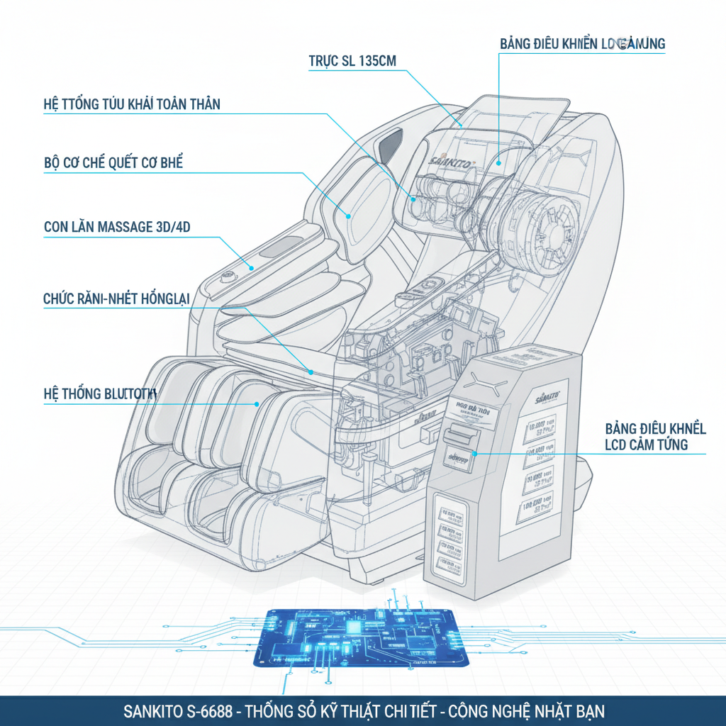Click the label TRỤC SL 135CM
352,61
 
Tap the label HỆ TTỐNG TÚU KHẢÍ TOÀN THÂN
132,105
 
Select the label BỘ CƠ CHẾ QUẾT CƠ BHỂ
113,163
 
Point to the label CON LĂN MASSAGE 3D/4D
117,228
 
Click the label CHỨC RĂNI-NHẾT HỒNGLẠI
116,298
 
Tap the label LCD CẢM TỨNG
646,445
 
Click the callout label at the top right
582,44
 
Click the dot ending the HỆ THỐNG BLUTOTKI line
257,404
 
